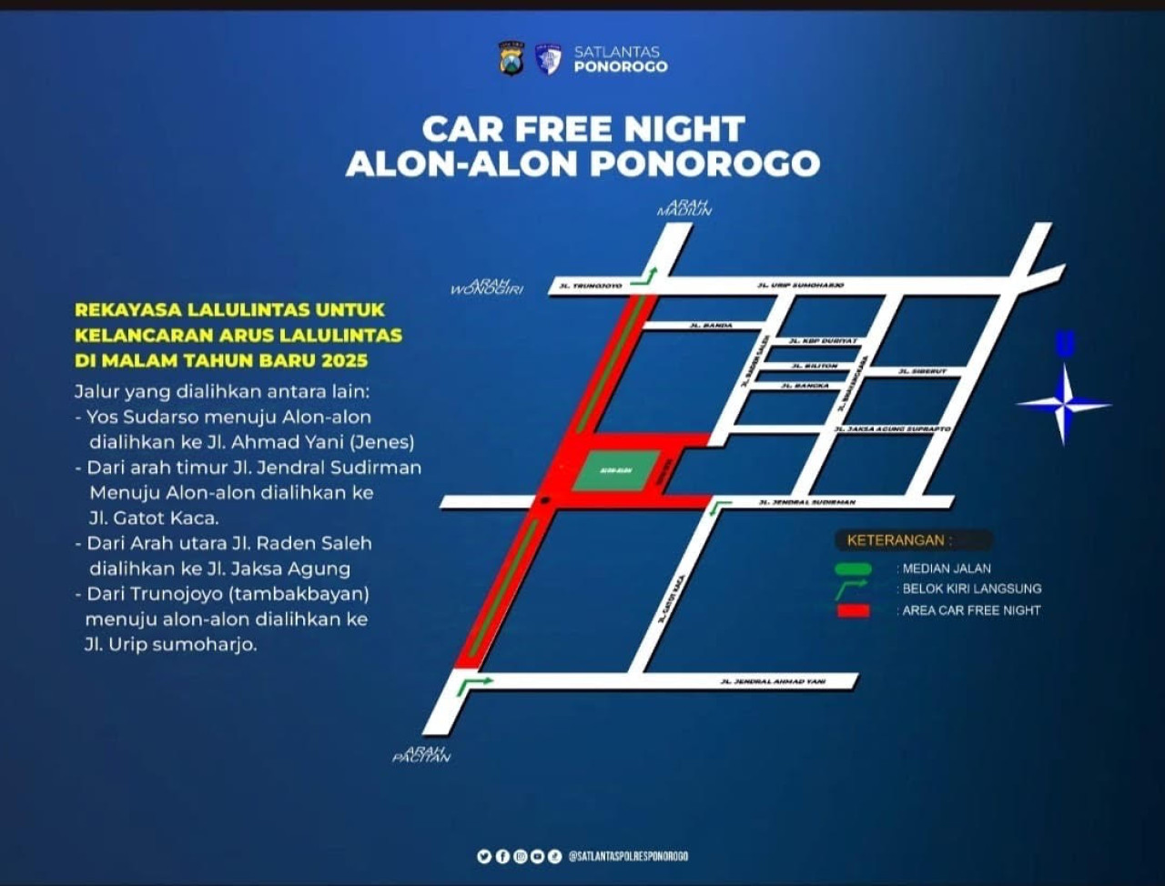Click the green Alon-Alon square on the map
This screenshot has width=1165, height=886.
tap(616, 470)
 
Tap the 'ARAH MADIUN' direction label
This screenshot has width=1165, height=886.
tap(684, 207)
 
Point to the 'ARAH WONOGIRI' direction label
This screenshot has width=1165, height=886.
tap(487, 287)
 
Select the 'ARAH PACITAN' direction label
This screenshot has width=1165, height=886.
tap(421, 754)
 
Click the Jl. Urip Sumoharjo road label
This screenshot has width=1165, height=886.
tap(800, 286)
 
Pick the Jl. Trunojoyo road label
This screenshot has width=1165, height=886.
tap(590, 287)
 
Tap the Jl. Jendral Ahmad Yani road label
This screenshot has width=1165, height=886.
tap(773, 681)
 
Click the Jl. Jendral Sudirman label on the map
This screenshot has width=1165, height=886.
tap(807, 502)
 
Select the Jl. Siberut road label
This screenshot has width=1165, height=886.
tap(922, 371)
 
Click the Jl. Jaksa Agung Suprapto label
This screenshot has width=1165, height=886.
tap(892, 428)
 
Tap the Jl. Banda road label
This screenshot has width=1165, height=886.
tap(711, 325)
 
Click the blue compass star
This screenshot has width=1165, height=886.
tap(1063, 404)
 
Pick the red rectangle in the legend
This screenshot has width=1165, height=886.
tap(853, 610)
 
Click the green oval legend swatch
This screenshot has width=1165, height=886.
tap(853, 569)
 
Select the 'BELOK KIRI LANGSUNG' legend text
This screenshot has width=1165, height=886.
tap(971, 589)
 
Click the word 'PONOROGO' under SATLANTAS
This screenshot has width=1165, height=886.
tap(621, 66)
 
